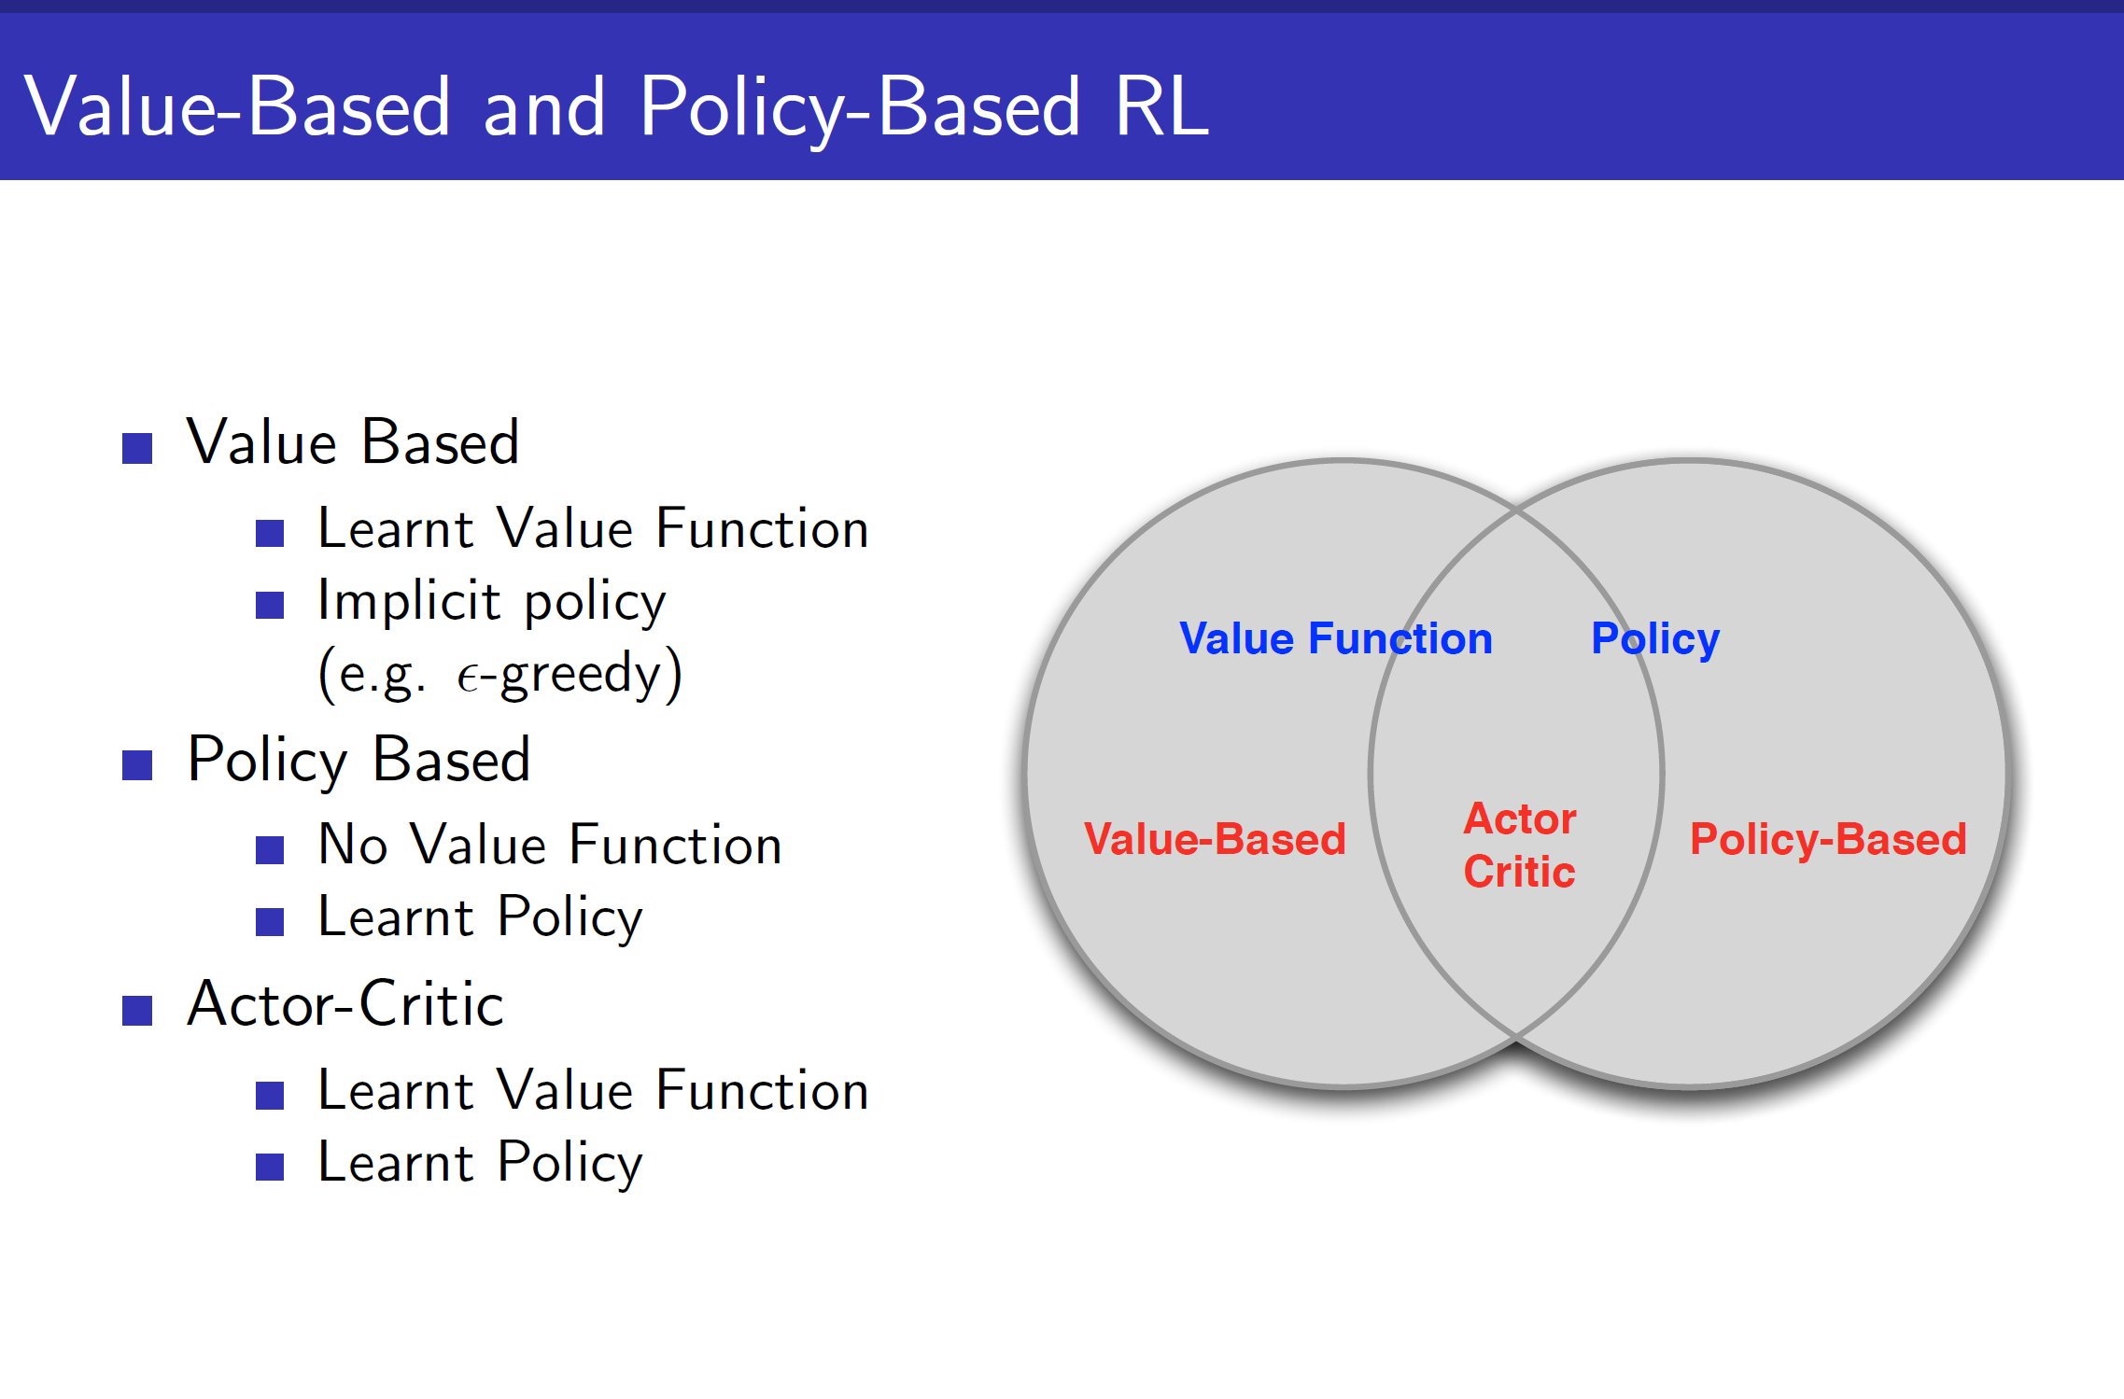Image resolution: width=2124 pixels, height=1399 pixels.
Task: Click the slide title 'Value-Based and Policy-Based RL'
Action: coord(616,107)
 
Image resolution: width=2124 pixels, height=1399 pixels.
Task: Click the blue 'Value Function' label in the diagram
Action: coord(1335,639)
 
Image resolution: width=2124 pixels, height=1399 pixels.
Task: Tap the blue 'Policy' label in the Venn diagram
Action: coord(1654,640)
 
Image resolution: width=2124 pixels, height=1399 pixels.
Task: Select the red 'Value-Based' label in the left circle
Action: coord(1215,839)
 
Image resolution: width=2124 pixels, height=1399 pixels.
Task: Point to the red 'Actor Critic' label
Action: coord(1519,845)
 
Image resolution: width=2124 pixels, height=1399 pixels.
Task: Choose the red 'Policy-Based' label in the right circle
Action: coord(1828,839)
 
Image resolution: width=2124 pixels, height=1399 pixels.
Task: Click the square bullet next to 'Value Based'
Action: coord(137,448)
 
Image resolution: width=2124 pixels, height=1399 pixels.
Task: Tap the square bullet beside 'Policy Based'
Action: coord(137,765)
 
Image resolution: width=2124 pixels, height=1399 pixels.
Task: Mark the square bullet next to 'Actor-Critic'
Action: coord(137,1010)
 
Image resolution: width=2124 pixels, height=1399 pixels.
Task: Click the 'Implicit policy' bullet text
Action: coord(491,601)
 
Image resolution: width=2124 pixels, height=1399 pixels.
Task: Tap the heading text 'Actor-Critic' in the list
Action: coord(345,1004)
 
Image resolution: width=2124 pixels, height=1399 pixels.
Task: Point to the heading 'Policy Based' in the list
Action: coord(359,760)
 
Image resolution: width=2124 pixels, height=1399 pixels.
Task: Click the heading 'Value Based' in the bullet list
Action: coord(353,442)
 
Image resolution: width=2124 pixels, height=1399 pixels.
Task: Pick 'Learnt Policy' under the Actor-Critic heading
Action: coord(480,1164)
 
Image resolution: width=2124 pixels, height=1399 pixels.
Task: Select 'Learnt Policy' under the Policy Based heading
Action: coord(480,918)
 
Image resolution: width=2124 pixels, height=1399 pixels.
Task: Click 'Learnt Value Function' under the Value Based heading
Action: coord(593,529)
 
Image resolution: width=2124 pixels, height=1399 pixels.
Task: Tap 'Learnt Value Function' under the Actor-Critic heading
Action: coord(593,1091)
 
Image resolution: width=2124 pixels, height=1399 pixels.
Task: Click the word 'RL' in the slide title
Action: coord(1161,107)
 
